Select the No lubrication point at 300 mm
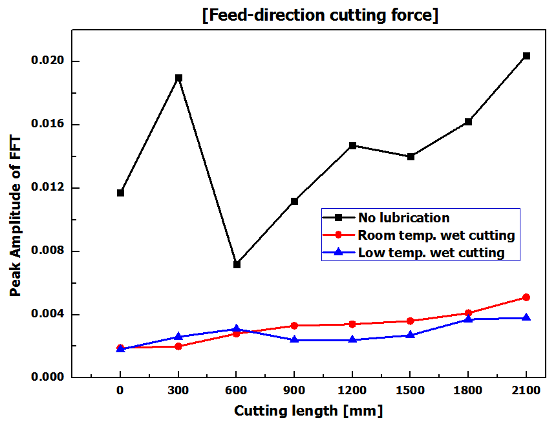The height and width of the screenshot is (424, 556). coord(178,78)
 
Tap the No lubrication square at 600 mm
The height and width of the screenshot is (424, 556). coord(237,264)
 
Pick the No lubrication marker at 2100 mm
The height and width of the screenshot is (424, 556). coord(526,56)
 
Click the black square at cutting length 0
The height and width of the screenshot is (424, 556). coord(120,193)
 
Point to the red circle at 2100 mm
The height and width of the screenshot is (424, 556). coord(526,297)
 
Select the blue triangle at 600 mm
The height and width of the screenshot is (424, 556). coord(237,329)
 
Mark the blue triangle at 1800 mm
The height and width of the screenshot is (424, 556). coord(468,319)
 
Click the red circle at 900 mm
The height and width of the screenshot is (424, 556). coord(294,326)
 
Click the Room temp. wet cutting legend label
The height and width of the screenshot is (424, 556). coord(436,235)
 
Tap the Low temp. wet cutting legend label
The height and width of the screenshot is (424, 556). coord(431,253)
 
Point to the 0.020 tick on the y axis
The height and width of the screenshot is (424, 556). coord(48,61)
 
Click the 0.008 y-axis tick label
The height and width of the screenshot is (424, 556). coord(48,251)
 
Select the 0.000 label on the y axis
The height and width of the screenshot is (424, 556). coord(48,377)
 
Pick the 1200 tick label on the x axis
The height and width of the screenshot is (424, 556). coord(352,391)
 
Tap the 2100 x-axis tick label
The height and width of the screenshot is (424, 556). coord(526,391)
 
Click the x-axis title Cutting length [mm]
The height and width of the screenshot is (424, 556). coord(308,411)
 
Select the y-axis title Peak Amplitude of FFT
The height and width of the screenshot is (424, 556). coord(16,217)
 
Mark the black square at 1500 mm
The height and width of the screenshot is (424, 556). coord(411,156)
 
